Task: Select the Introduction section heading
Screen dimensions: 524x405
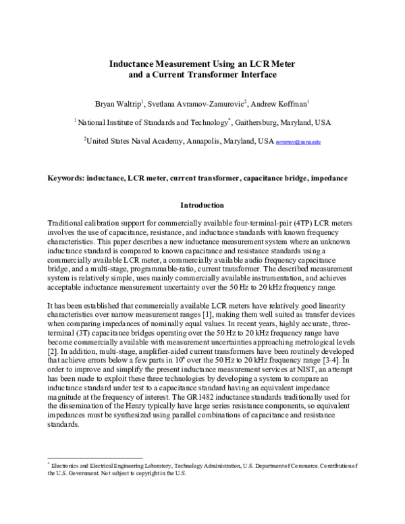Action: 202,205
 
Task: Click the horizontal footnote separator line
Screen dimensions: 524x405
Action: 94,457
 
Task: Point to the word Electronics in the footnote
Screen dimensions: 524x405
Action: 68,466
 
